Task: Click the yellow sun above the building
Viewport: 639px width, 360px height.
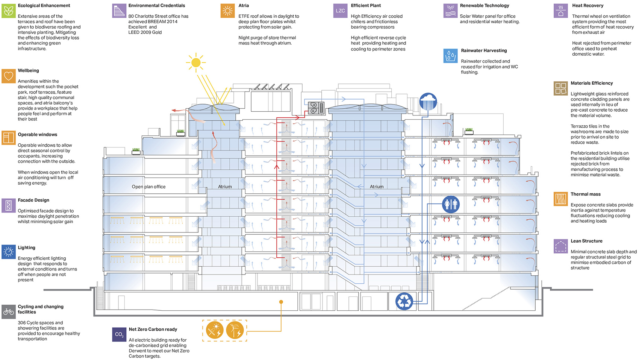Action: (x=196, y=62)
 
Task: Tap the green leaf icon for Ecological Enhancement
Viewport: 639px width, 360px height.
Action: (x=9, y=11)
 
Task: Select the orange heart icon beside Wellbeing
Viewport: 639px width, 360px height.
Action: (x=9, y=76)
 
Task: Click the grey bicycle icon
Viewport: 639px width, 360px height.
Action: (x=9, y=312)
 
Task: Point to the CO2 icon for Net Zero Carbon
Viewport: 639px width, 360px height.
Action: (x=119, y=334)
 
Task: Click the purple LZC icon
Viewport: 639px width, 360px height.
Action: (x=340, y=11)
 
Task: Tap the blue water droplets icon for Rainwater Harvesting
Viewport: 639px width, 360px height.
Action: (x=450, y=56)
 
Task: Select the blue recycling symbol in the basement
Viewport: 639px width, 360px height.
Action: (x=404, y=301)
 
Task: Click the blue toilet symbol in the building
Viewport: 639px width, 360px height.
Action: (x=451, y=204)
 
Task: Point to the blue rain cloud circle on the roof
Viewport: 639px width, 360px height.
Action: (x=428, y=102)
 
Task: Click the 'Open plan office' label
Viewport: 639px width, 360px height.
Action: (x=148, y=187)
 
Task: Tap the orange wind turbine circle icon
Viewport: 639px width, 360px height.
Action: (x=235, y=330)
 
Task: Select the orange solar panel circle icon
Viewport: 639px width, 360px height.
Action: (x=215, y=330)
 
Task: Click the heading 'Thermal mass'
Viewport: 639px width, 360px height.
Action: (x=586, y=194)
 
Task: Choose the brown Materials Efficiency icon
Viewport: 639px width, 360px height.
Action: (x=561, y=88)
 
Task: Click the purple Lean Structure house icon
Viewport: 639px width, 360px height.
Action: (x=561, y=246)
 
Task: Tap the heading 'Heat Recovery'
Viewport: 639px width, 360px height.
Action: (x=588, y=5)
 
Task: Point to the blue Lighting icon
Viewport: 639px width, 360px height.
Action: (x=9, y=252)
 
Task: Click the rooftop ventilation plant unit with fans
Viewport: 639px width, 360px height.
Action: (x=316, y=108)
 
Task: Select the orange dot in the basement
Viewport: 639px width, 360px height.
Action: (x=281, y=302)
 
